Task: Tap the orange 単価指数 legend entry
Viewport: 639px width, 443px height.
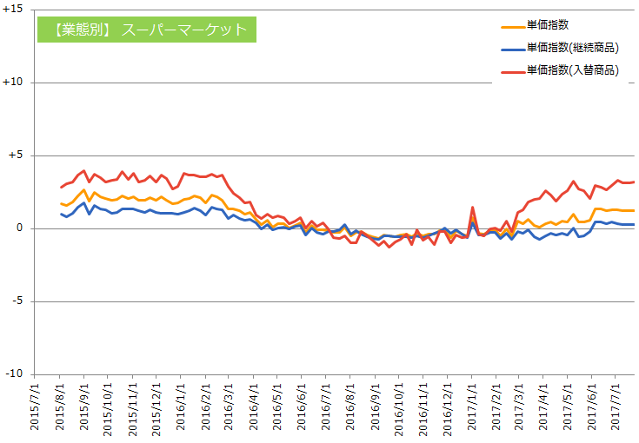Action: coord(548,26)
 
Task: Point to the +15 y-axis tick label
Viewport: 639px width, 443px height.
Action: coord(15,10)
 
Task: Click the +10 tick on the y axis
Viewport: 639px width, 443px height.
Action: coord(15,83)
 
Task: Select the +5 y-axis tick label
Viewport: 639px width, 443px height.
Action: coord(17,155)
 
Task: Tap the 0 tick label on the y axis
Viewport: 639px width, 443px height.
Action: coord(22,228)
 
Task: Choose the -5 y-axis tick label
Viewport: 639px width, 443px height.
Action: coord(20,301)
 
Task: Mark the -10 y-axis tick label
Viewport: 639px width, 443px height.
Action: coord(17,374)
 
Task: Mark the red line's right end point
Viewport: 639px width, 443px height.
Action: coord(634,182)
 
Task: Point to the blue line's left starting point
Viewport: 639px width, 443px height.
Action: coord(61,214)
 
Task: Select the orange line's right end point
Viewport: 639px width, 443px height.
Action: coord(634,210)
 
